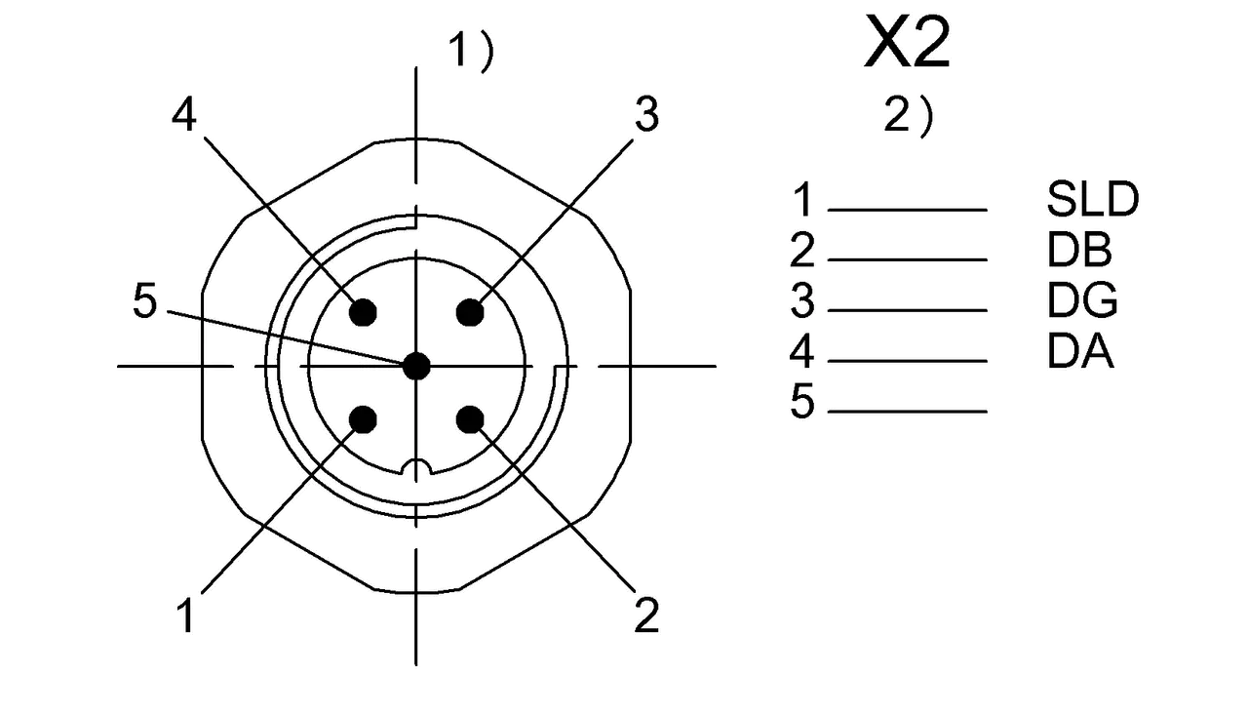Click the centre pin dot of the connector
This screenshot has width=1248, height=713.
(x=416, y=367)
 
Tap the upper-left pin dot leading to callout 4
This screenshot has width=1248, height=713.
(x=363, y=312)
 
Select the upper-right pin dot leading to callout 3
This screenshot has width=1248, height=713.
(x=470, y=312)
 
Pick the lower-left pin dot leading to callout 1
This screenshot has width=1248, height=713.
(x=365, y=419)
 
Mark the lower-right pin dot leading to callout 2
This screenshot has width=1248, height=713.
(x=470, y=419)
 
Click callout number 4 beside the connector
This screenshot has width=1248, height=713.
(x=184, y=115)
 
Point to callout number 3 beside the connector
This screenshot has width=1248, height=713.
(x=646, y=115)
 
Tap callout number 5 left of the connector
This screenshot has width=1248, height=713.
(x=145, y=301)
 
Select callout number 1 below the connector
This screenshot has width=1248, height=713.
(x=186, y=615)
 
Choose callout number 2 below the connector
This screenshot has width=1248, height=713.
(x=646, y=615)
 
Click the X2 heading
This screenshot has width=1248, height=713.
(x=907, y=42)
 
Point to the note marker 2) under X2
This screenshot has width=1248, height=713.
(x=908, y=116)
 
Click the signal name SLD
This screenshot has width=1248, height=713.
(x=1093, y=199)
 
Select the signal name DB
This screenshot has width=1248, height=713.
(x=1079, y=250)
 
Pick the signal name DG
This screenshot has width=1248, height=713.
(x=1082, y=299)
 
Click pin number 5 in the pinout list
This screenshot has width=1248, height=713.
(x=802, y=400)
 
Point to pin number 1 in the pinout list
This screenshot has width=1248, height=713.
(x=803, y=199)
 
